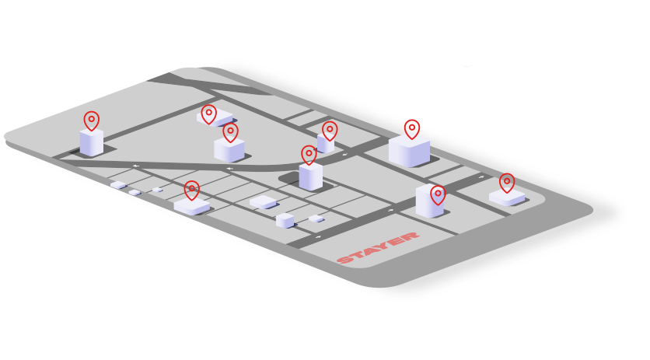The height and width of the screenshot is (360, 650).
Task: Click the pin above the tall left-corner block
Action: [x=92, y=121]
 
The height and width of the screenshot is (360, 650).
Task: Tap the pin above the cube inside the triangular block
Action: [x=230, y=132]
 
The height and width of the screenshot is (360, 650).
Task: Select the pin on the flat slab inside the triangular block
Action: [x=209, y=114]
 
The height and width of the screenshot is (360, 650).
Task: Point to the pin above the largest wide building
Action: [x=412, y=129]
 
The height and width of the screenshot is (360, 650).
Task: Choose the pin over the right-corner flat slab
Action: [x=507, y=183]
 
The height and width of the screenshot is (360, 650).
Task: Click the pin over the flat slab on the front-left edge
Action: [x=191, y=190]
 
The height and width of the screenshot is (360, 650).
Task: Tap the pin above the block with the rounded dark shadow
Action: [x=309, y=155]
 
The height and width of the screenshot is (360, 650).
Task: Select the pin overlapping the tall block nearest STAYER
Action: [x=438, y=195]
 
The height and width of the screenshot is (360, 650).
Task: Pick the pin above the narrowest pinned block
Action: [x=330, y=131]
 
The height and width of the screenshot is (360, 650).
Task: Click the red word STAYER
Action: [x=378, y=247]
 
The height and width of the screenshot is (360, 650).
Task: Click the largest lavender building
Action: [x=409, y=151]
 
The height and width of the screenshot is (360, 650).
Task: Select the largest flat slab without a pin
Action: [x=263, y=202]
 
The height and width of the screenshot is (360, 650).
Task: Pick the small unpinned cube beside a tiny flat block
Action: [x=285, y=220]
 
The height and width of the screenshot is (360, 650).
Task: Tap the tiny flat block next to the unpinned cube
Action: [x=316, y=218]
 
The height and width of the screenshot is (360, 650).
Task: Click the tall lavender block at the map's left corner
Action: [x=92, y=142]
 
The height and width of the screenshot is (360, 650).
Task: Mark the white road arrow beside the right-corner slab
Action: [x=481, y=177]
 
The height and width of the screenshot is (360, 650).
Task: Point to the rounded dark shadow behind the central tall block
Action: [x=289, y=179]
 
